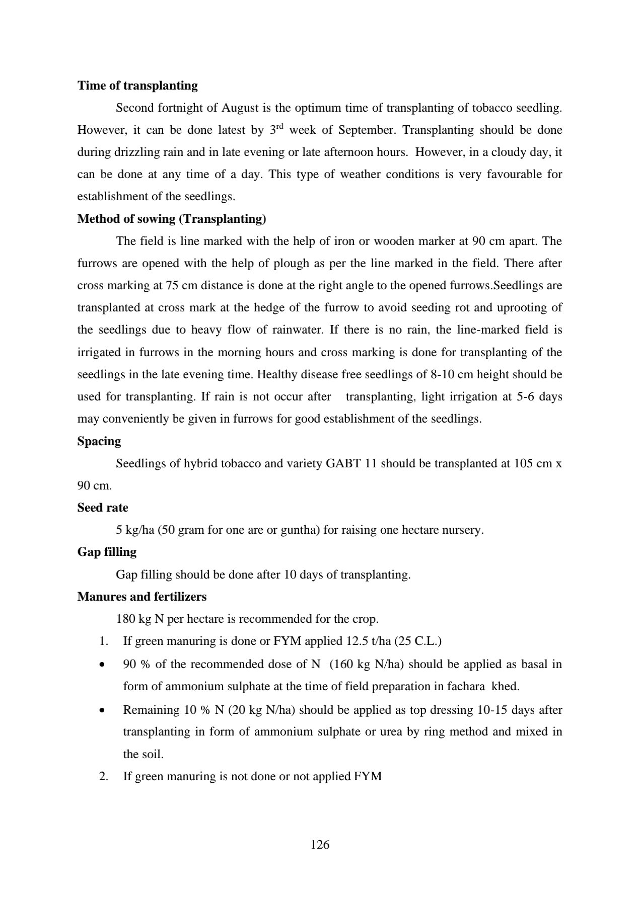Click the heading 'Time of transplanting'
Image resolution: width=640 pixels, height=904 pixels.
137,86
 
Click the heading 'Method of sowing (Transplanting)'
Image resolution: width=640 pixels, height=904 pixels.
172,219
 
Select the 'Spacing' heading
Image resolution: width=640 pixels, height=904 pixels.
99,441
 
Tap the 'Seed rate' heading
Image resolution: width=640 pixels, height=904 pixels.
103,508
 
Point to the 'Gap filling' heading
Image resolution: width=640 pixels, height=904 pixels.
107,552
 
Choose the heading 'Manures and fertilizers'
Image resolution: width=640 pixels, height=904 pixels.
142,597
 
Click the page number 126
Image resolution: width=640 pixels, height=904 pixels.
320,845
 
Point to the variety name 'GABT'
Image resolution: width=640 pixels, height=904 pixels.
343,463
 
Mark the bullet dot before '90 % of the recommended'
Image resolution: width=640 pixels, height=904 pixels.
103,665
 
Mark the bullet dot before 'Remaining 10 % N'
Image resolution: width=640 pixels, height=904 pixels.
103,710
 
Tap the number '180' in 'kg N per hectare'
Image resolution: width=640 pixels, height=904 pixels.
125,619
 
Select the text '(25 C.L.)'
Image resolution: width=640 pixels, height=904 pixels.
417,641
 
